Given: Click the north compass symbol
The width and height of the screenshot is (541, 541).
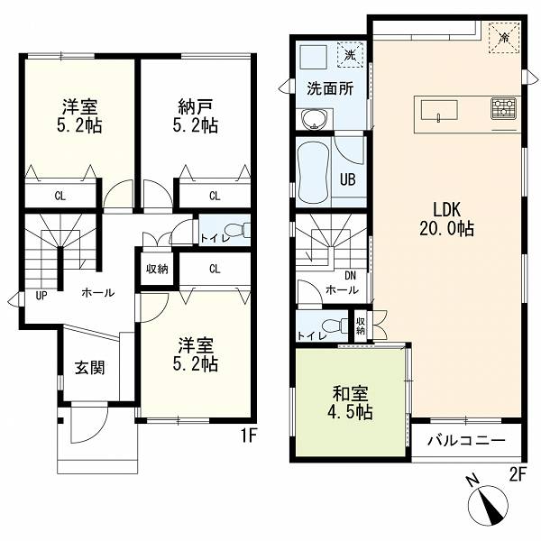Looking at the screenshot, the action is coord(487,503).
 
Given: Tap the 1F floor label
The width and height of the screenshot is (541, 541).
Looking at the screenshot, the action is coord(248,436).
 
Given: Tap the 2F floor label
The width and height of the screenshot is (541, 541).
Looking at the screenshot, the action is coord(518,475).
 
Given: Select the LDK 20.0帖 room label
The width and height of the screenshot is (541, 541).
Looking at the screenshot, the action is coord(446,219).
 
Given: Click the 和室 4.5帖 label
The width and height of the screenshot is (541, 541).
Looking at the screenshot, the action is coord(351,403).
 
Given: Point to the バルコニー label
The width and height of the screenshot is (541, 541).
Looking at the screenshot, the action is coord(466,441).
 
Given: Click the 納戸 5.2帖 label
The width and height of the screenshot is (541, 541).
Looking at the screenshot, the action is coord(196,116).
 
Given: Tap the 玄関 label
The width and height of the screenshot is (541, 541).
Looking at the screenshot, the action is coord(89,368).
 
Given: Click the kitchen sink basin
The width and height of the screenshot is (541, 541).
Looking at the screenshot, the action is coord(439,110).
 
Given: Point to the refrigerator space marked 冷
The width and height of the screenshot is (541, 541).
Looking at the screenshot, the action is coord(504,37).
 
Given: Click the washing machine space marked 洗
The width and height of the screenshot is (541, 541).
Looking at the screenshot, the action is coord(350,54).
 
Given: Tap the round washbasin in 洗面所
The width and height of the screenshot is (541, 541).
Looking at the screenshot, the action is coord(314,119).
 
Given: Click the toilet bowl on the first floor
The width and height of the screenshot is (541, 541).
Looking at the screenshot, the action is coord(237,230).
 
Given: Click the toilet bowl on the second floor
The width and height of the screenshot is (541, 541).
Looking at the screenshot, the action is coord(335,326).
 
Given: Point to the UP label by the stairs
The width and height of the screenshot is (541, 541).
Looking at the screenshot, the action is coord(41,296).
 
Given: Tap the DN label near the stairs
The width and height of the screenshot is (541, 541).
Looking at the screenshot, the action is coord(350,276).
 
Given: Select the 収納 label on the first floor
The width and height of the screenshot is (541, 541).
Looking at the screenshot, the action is coord(157,269).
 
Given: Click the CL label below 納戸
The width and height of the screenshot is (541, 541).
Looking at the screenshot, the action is coord(215,196).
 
